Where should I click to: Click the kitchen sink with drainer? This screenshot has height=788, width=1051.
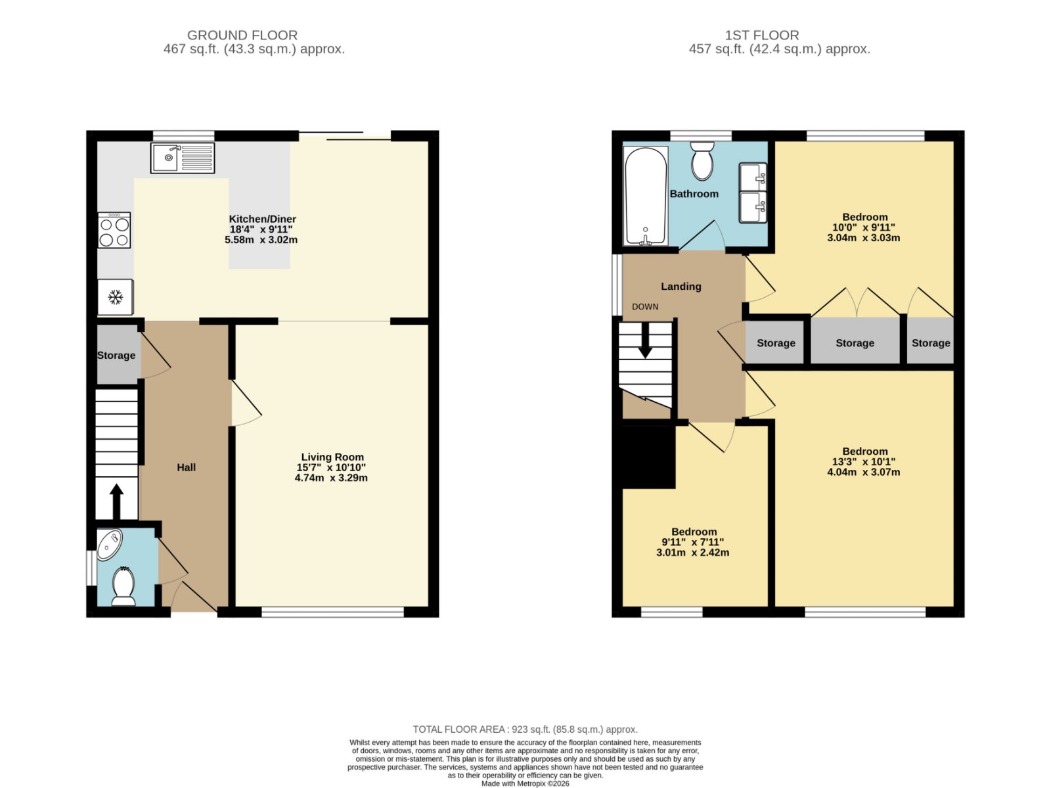(x=183, y=158)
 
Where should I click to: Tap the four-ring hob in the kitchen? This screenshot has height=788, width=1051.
(x=114, y=231)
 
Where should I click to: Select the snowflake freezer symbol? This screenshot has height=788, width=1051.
(x=116, y=297)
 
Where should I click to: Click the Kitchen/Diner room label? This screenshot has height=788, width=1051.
(x=262, y=219)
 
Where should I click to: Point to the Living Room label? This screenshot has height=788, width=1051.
(x=332, y=457)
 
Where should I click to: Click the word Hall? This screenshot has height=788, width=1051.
(x=187, y=467)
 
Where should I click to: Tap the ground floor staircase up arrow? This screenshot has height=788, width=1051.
(x=116, y=501)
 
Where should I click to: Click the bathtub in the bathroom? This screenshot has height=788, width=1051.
(x=646, y=196)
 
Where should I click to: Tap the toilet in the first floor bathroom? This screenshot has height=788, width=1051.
(x=702, y=160)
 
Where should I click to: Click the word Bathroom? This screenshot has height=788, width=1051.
(x=694, y=194)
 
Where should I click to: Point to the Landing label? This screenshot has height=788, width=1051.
(x=681, y=287)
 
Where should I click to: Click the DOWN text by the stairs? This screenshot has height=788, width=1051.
(x=645, y=306)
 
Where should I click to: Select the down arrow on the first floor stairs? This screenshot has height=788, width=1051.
(x=646, y=340)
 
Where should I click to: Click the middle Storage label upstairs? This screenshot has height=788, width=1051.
(x=855, y=343)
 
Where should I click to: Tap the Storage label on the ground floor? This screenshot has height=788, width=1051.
(x=116, y=356)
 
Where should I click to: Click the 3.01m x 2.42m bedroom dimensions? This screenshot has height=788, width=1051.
(x=693, y=552)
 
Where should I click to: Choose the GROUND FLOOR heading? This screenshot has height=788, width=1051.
(x=242, y=35)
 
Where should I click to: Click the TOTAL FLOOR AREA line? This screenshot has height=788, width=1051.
(x=525, y=729)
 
